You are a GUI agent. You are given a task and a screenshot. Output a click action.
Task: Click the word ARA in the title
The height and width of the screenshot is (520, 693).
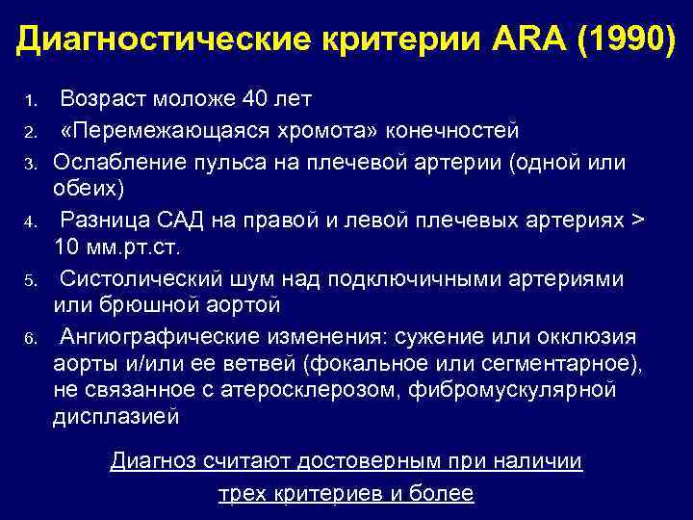[x=521, y=39]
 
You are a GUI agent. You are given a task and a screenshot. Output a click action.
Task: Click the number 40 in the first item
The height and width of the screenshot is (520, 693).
[x=254, y=99]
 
